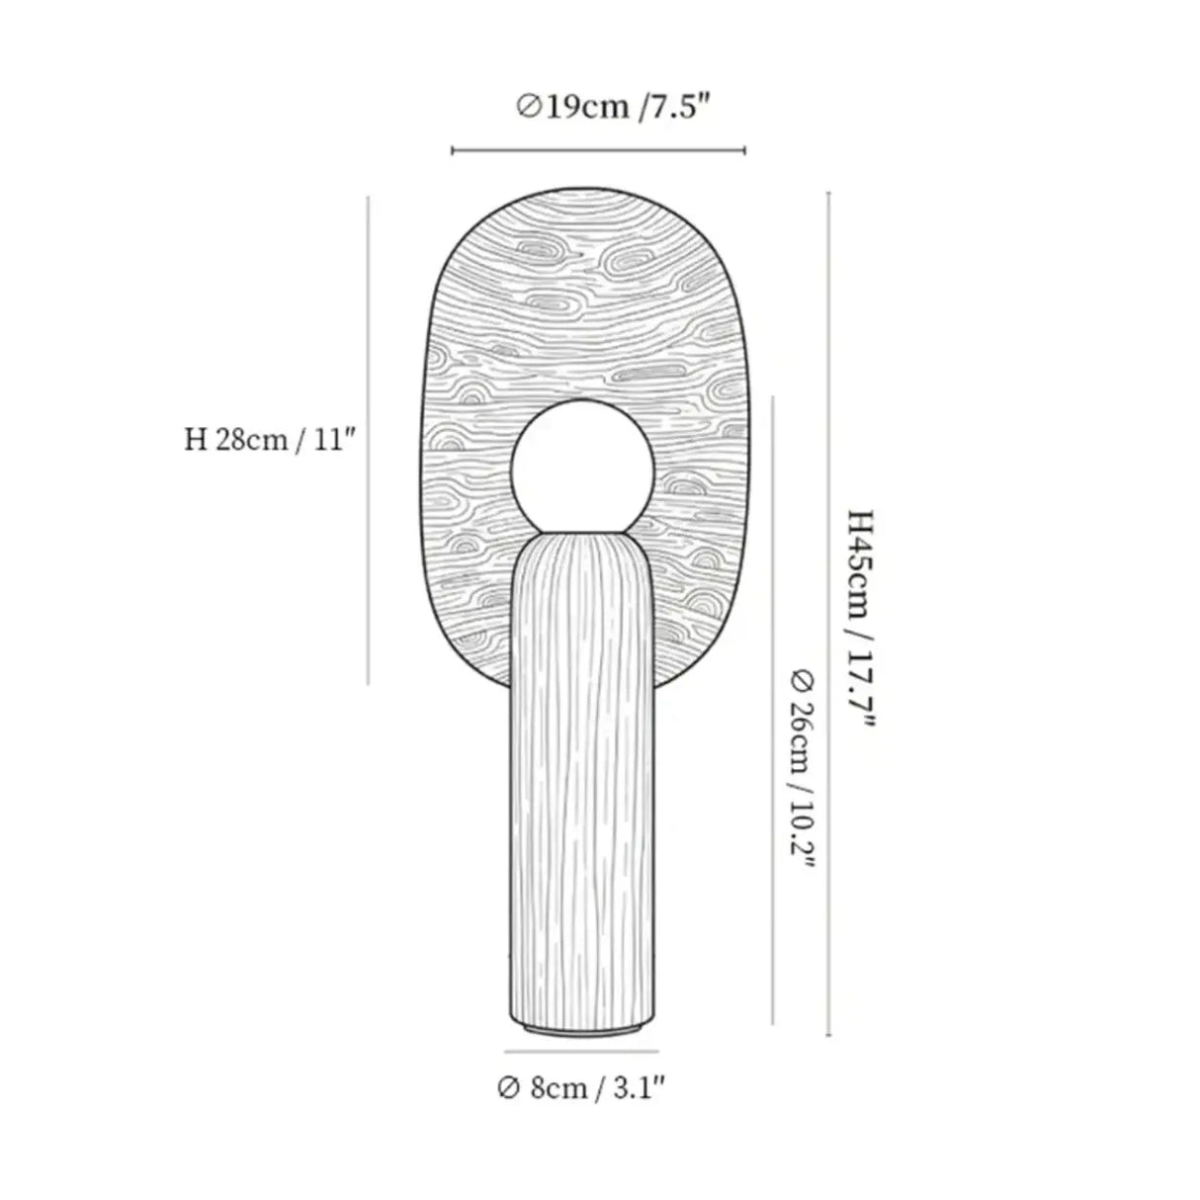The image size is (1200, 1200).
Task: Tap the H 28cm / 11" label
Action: [269, 441]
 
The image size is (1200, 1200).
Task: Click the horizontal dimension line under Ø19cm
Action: [598, 150]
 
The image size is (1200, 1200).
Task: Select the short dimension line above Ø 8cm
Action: [581, 1051]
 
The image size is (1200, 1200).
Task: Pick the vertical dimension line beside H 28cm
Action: [368, 441]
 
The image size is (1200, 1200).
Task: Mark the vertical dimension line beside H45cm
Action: [828, 614]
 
